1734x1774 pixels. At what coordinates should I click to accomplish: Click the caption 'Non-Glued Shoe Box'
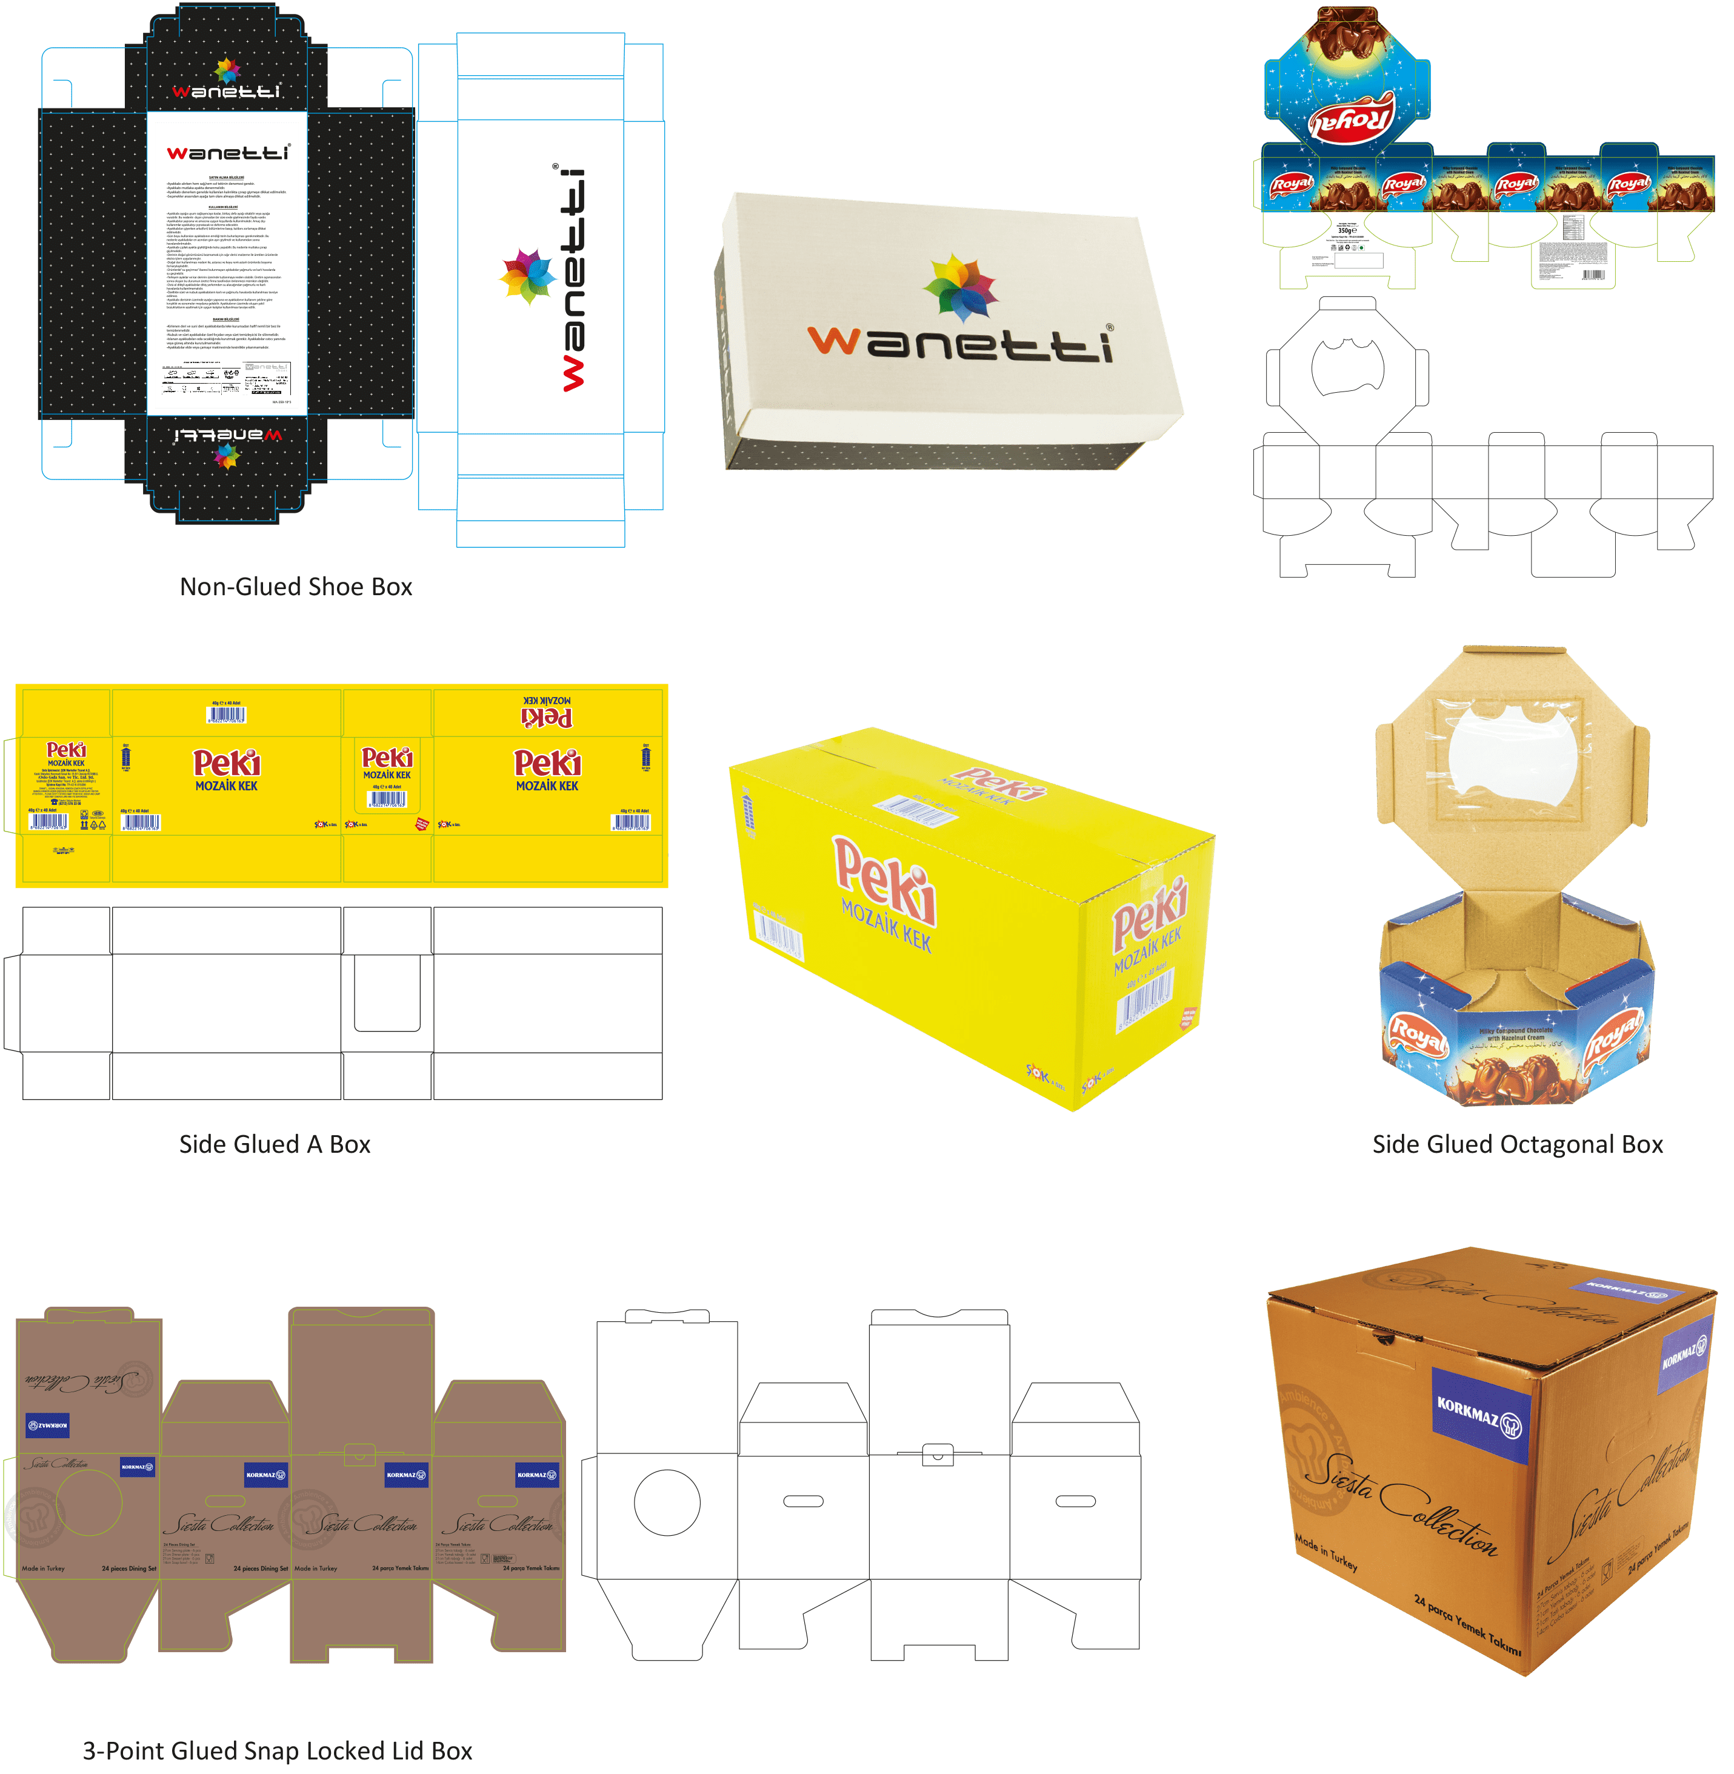(x=296, y=587)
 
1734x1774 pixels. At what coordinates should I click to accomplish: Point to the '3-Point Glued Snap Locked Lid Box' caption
(x=278, y=1750)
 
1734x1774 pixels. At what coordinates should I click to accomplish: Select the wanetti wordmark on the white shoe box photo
(x=961, y=344)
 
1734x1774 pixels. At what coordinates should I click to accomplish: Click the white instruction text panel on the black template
(x=227, y=264)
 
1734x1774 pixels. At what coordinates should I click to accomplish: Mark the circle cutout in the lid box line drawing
(x=667, y=1502)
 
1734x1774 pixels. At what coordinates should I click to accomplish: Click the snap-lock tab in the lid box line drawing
(x=938, y=1455)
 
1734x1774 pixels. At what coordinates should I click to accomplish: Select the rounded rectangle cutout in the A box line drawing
(x=387, y=993)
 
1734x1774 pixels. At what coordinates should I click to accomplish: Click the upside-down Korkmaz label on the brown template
(x=47, y=1424)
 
